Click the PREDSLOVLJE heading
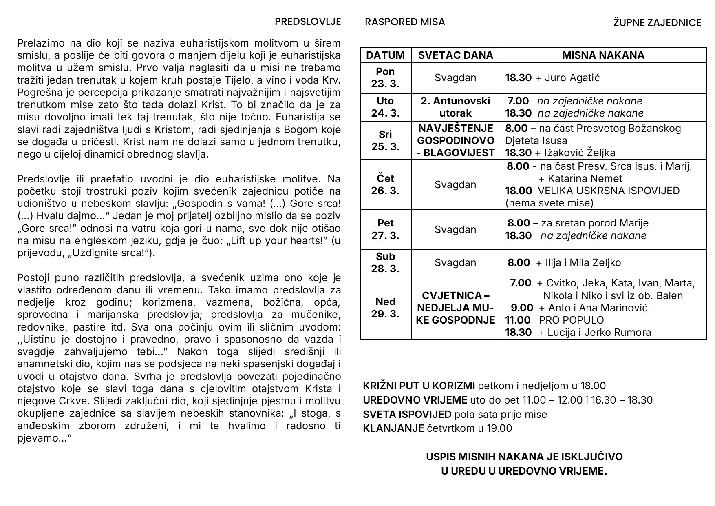tap(307, 22)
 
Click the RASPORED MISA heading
tap(404, 22)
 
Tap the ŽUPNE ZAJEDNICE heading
tap(657, 23)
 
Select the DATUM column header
tap(386, 55)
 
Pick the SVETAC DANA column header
tap(456, 55)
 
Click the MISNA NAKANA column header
tap(603, 55)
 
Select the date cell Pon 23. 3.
tap(385, 78)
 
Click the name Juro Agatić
tap(572, 78)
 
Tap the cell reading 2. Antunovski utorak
tap(455, 107)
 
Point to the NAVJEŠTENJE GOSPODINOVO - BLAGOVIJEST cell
tap(455, 140)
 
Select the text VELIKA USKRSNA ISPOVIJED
tap(609, 191)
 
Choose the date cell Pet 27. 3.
tap(385, 229)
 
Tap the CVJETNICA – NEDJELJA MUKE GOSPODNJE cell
tap(455, 308)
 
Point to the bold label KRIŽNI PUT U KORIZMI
tap(419, 386)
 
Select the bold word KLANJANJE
tap(393, 428)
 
